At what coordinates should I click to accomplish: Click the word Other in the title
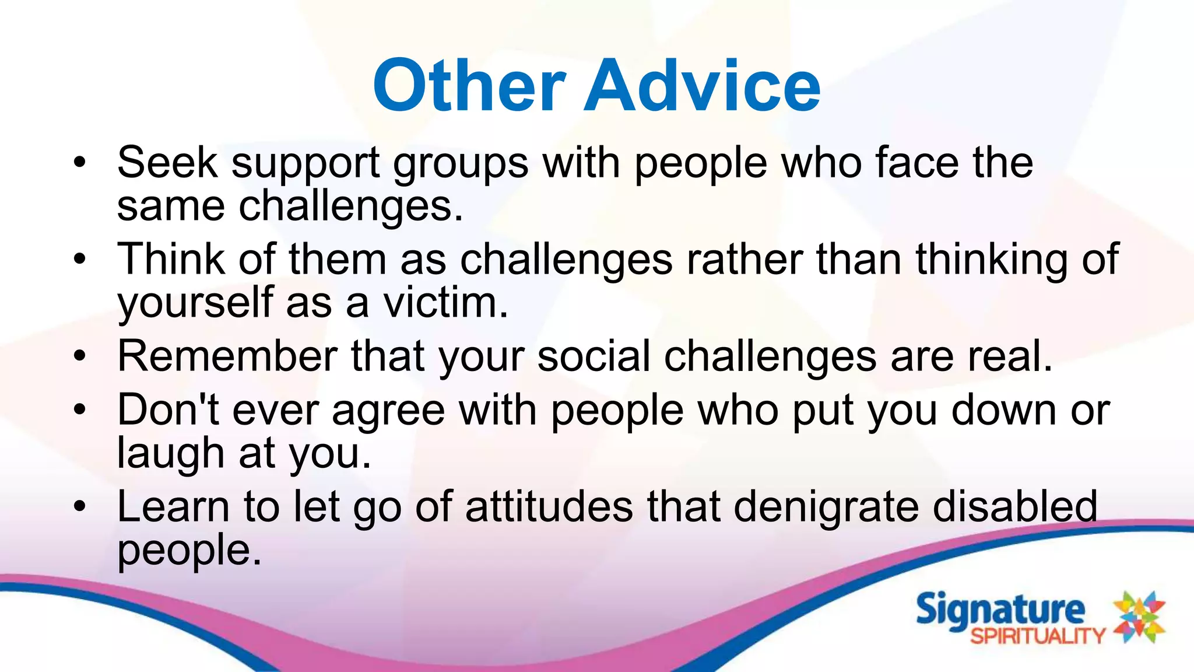(469, 86)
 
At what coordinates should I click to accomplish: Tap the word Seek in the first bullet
(167, 162)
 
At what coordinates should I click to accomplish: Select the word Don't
(168, 409)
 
